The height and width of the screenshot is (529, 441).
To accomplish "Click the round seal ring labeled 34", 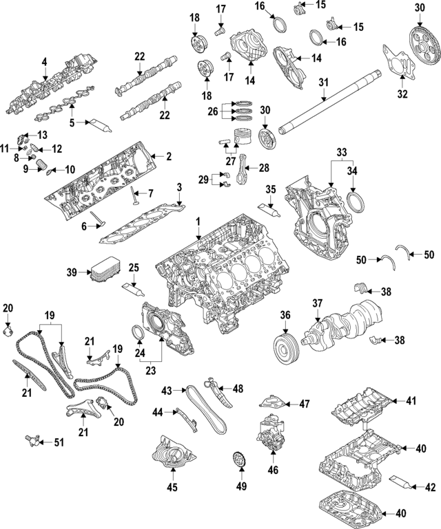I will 356,203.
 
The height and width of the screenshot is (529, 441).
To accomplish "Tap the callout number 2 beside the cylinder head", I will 167,156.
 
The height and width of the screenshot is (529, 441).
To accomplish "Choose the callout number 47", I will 304,404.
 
